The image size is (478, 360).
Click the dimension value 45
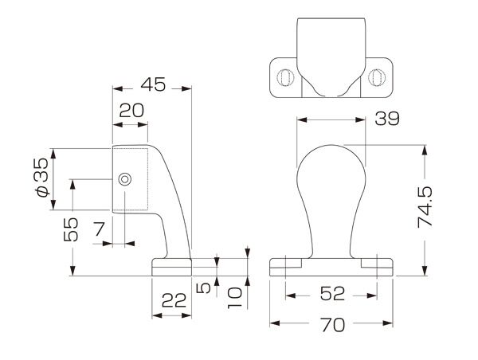click(153, 84)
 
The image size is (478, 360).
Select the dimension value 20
click(131, 111)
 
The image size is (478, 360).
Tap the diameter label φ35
click(41, 178)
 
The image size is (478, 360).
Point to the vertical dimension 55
click(71, 229)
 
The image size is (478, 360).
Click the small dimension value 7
click(99, 229)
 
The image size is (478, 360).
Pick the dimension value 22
click(174, 300)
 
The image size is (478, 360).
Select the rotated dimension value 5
click(204, 288)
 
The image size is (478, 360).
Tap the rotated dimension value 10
click(235, 298)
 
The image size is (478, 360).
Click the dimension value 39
click(387, 119)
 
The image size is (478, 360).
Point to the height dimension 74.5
click(425, 207)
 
